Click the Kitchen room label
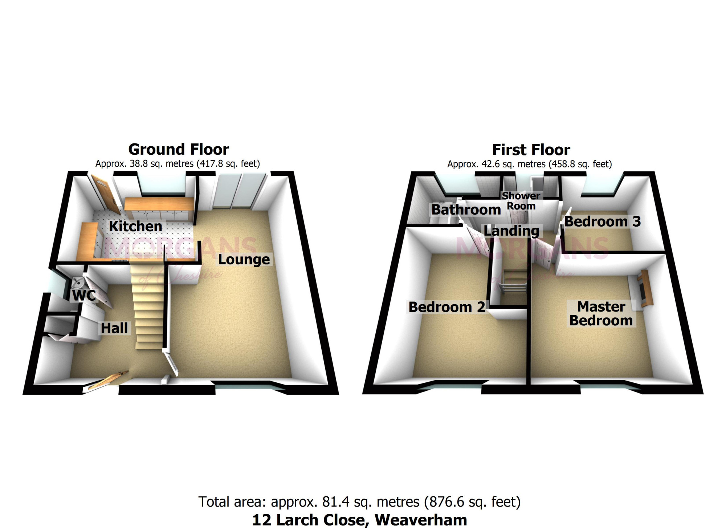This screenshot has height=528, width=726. pos(135,226)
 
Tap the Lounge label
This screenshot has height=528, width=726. pos(244,259)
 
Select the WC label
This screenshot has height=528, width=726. pos(84,296)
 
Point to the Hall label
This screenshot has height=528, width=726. pos(114,328)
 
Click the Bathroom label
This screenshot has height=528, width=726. pos(466,210)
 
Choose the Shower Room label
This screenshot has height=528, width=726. pos(521,201)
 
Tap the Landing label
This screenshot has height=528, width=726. pos(511,230)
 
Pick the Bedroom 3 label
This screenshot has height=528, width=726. pos(603,221)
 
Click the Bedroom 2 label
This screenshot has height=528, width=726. pos(447,307)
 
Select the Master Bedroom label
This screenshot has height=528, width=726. pos(601,314)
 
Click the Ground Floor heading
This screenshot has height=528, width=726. pos(179,149)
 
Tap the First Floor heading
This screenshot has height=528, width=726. pos(531,150)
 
